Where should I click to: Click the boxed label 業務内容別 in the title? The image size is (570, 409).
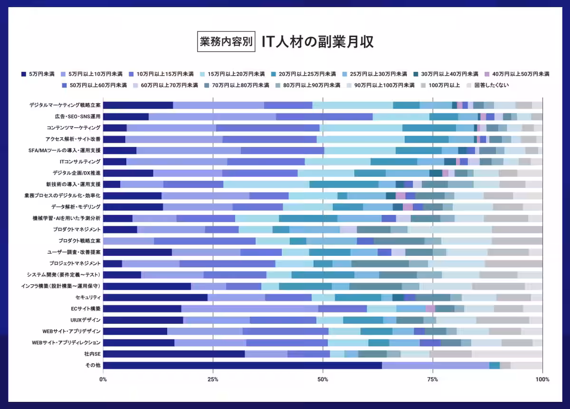click(226, 41)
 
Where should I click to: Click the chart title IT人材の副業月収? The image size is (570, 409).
click(317, 41)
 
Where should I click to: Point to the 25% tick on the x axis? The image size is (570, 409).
click(213, 380)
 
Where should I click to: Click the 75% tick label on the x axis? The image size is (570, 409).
click(432, 380)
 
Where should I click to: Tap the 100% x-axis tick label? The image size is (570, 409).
click(542, 380)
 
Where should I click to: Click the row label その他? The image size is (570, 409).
click(93, 365)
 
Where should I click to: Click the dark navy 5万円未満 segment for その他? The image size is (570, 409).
click(242, 365)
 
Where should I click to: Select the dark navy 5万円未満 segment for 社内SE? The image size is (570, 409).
click(174, 354)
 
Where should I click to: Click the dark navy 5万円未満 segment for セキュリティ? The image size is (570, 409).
click(155, 297)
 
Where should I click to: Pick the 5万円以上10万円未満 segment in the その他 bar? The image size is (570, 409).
click(436, 365)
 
